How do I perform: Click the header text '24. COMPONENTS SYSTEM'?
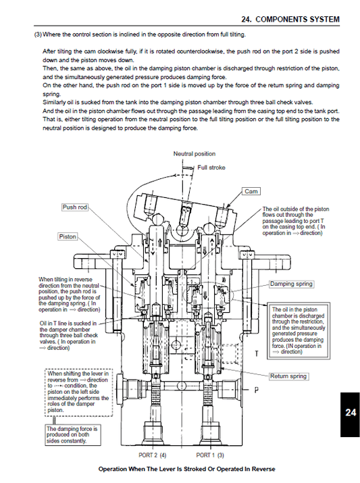click(295, 20)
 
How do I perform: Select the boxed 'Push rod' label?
click(75, 207)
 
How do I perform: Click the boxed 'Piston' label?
click(68, 236)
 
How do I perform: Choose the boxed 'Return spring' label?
click(288, 376)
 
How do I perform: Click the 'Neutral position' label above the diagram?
click(195, 154)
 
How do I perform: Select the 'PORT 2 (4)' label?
click(153, 455)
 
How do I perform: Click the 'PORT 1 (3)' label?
click(209, 455)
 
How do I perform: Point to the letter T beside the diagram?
click(256, 354)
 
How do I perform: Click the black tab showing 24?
click(349, 413)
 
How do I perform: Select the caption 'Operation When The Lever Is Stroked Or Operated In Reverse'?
click(186, 469)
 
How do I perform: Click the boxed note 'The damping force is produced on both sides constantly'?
click(72, 434)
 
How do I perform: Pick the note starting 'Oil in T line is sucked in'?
click(68, 336)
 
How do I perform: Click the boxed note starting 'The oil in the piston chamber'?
click(298, 330)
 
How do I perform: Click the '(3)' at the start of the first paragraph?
click(38, 34)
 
